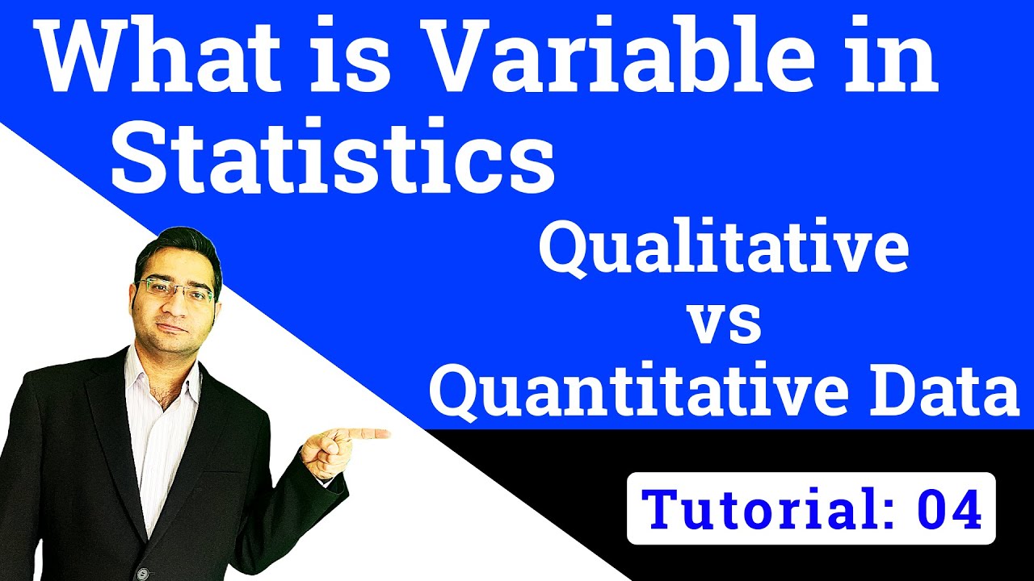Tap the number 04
[949, 508]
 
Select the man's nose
[174, 303]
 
